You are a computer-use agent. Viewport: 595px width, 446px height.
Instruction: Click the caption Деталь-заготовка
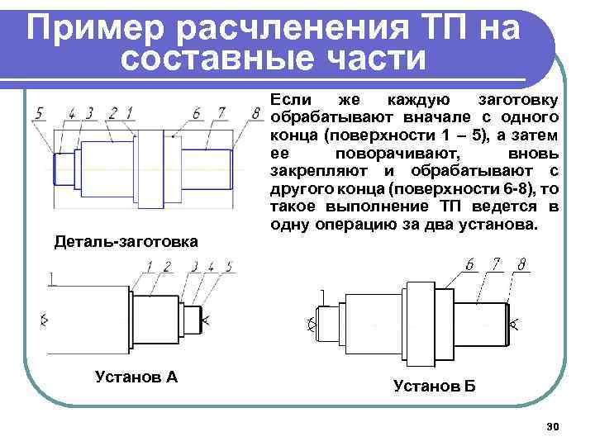pos(126,242)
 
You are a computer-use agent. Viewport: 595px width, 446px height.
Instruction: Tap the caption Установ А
pos(136,377)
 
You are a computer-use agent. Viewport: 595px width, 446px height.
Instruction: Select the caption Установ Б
pos(435,385)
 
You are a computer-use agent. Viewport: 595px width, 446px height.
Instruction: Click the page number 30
pos(553,426)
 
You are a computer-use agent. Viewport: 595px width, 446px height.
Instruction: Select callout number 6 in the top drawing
pos(196,112)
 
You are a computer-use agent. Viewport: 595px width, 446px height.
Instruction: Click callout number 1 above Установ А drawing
pos(150,266)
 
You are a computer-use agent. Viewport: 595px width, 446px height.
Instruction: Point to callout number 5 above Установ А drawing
pos(228,266)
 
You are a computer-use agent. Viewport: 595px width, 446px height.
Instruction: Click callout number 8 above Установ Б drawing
pos(522,265)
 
